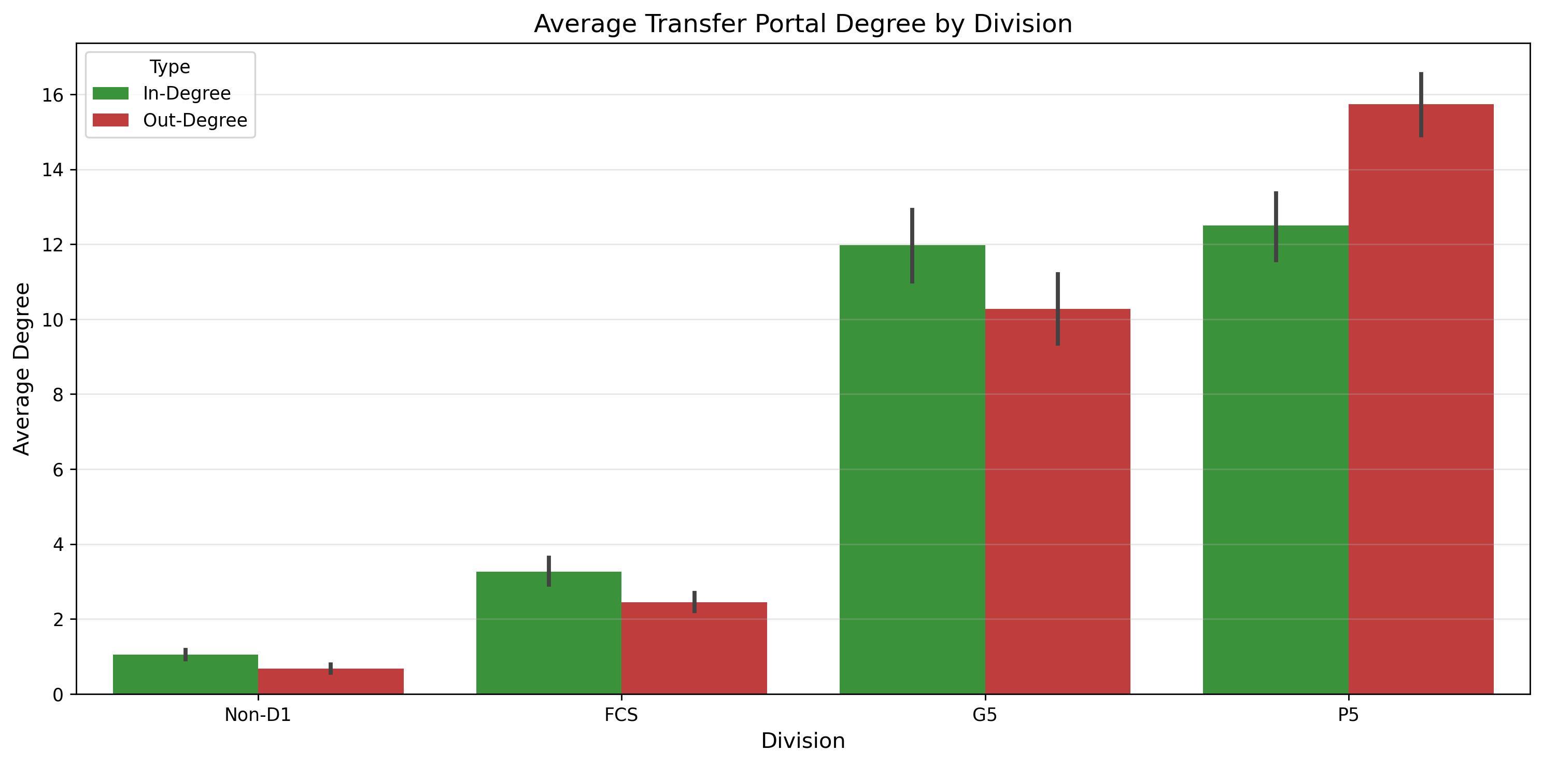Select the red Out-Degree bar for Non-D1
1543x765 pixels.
[x=331, y=682]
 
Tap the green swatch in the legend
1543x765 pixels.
[x=111, y=93]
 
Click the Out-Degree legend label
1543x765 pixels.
[x=195, y=120]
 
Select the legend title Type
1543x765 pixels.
[x=169, y=67]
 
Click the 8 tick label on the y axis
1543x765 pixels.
[x=58, y=395]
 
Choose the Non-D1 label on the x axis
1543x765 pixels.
[x=258, y=715]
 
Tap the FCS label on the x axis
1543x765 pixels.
[x=621, y=715]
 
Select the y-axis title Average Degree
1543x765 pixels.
[x=22, y=369]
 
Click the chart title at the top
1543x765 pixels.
[x=803, y=24]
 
